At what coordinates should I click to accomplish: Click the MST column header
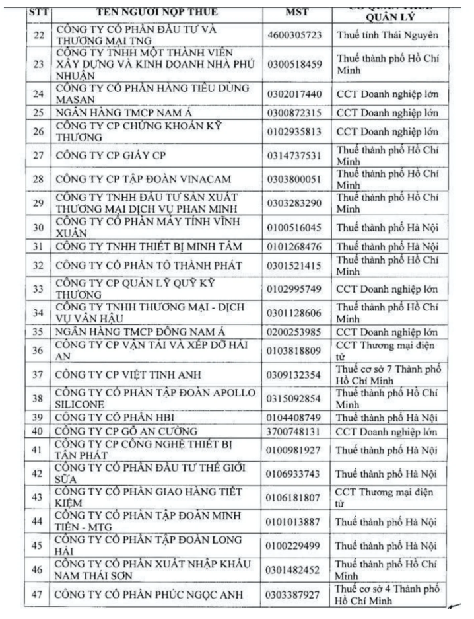click(x=296, y=13)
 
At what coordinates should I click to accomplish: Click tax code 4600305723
click(x=295, y=34)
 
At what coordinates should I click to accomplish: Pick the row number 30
click(x=38, y=227)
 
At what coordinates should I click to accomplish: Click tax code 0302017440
click(x=295, y=95)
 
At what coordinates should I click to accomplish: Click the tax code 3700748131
click(x=295, y=432)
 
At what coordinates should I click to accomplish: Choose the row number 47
click(x=38, y=594)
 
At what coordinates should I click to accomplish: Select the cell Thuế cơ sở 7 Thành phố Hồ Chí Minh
click(x=388, y=375)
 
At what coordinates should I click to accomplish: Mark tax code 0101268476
click(x=295, y=247)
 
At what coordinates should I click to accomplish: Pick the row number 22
click(x=38, y=34)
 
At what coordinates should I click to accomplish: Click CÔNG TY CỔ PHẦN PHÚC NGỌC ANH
click(x=150, y=594)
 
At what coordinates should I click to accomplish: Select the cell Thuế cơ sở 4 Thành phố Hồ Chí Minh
click(x=388, y=594)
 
